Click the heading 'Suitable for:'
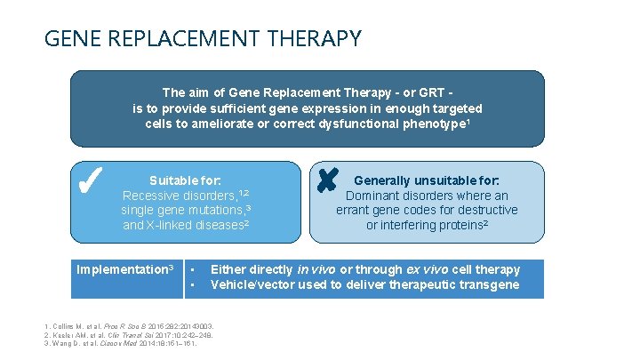click(x=185, y=180)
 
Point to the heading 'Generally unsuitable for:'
click(x=427, y=180)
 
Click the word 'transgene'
click(x=486, y=284)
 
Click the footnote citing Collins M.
click(x=124, y=327)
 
